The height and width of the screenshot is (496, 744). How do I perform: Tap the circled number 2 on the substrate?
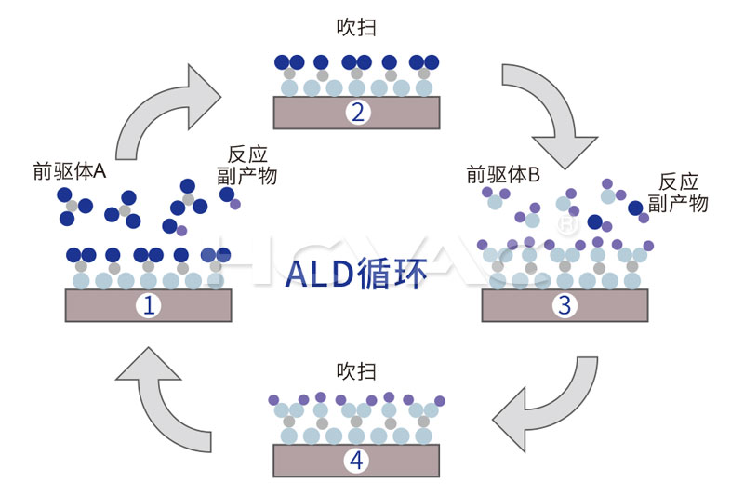click(x=356, y=114)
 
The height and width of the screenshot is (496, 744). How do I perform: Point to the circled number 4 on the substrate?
click(x=356, y=460)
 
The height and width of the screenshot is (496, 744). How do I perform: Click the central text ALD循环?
click(x=356, y=272)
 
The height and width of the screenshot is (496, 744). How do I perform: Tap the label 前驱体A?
click(x=70, y=170)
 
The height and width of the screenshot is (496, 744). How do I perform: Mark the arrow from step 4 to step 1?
click(x=167, y=395)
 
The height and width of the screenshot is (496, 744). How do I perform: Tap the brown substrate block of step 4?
click(x=307, y=460)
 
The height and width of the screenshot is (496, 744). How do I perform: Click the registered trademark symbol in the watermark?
click(x=564, y=223)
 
